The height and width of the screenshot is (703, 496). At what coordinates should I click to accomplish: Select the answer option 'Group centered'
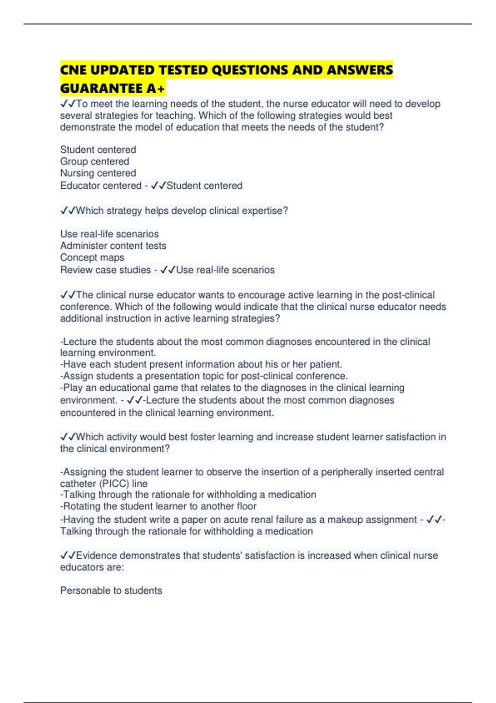coord(95,161)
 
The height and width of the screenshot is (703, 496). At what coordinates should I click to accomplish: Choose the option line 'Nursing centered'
coord(98,173)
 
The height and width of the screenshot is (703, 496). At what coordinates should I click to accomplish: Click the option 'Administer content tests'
coord(113,246)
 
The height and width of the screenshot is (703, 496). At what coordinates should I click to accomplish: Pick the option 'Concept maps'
coord(92,257)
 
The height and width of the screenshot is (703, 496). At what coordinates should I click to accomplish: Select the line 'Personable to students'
coord(111,591)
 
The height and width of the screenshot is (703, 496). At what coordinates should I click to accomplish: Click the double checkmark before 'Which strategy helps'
coord(67,210)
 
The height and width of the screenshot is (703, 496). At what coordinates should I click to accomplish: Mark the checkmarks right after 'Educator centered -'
coord(158,186)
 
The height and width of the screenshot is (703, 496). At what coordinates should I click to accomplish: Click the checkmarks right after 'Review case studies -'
coord(168,270)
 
